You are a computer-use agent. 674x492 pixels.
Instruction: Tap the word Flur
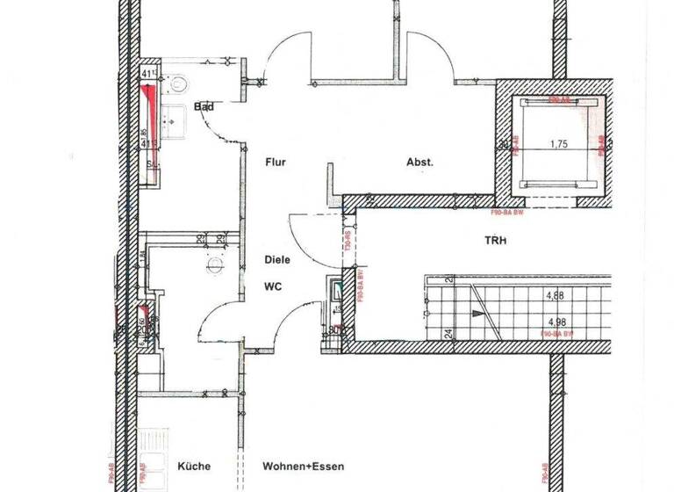pyautogui.click(x=276, y=163)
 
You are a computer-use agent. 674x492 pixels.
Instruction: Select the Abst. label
pyautogui.click(x=420, y=163)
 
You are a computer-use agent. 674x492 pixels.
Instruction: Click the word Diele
pyautogui.click(x=277, y=260)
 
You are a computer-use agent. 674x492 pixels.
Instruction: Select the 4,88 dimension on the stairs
pyautogui.click(x=555, y=296)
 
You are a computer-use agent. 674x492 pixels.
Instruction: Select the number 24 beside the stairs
pyautogui.click(x=447, y=333)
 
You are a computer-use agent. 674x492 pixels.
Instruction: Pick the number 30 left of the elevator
pyautogui.click(x=503, y=146)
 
